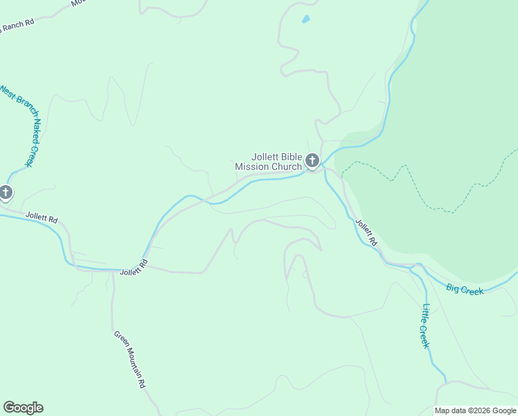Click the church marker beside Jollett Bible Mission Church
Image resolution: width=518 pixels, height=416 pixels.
tap(312, 162)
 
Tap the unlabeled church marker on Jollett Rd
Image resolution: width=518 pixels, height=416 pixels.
tap(6, 192)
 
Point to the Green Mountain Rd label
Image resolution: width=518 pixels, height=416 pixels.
tap(129, 358)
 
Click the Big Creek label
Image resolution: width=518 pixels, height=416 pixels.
tap(464, 289)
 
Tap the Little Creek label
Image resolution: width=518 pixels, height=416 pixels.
tap(426, 326)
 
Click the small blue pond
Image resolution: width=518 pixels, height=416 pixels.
tap(305, 19)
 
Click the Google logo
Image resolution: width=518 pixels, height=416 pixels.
tap(23, 408)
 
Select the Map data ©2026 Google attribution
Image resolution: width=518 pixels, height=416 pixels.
tap(475, 410)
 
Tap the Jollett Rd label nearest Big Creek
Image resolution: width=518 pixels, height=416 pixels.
tap(366, 233)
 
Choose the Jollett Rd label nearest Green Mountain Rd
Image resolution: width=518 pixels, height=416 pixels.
tap(134, 268)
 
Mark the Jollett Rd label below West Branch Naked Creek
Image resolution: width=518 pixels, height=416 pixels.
tap(42, 218)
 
